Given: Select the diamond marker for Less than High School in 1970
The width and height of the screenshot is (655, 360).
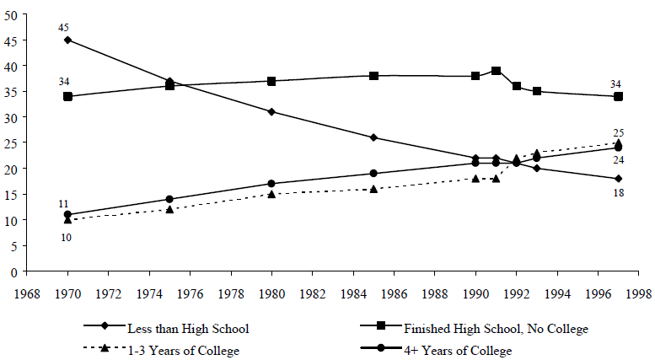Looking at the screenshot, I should click(67, 40).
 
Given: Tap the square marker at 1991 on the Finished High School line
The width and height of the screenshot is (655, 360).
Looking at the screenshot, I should click(497, 71).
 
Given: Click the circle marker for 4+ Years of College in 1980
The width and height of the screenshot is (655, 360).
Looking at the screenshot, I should click(271, 183).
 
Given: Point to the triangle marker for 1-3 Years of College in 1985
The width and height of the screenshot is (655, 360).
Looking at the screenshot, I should click(373, 189).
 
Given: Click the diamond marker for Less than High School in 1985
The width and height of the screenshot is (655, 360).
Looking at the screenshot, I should click(373, 137).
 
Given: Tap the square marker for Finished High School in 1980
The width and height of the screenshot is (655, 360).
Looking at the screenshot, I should click(271, 81).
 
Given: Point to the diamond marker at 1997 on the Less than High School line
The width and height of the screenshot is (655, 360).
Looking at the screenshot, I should click(618, 179).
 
